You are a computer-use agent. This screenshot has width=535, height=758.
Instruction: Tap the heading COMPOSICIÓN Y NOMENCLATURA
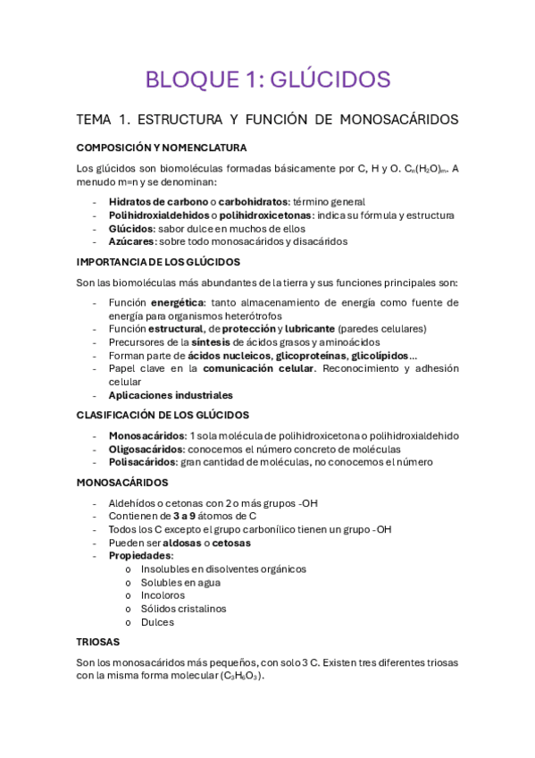pos(162,147)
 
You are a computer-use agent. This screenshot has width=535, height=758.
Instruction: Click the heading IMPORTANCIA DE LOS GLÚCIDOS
pos(158,262)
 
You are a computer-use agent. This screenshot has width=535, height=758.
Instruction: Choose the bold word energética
pos(177,303)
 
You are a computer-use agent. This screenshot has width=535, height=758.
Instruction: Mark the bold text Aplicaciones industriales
pos(171,395)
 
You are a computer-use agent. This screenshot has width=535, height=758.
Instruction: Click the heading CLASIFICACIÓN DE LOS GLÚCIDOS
pos(163,415)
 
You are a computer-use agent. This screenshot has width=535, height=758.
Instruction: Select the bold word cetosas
pos(231,543)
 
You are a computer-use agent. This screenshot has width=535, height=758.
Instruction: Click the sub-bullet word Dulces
pos(157,622)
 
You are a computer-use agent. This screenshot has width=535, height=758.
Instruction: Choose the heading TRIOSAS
pos(98,642)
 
